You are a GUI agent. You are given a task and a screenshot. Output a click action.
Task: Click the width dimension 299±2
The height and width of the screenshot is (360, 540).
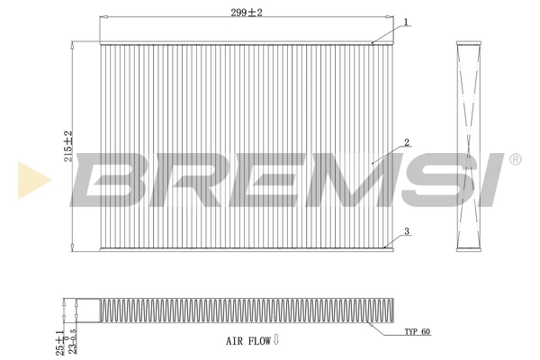click(245, 13)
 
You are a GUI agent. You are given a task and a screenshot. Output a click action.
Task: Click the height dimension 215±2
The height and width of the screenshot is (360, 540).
click(67, 144)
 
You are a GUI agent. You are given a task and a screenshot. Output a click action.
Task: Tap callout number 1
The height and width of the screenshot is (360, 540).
click(406, 22)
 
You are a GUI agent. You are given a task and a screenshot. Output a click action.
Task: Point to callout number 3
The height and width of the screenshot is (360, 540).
click(407, 231)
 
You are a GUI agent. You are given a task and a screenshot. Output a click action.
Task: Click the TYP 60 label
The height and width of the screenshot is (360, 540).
click(418, 332)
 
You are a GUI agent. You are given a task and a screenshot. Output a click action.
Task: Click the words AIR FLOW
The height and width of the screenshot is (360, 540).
click(247, 341)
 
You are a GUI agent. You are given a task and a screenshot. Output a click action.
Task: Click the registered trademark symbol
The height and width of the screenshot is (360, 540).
click(515, 159)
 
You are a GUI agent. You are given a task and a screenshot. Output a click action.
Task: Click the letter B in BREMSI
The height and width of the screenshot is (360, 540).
click(112, 178)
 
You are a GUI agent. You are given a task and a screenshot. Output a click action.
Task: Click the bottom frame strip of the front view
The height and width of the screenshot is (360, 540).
click(245, 247)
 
